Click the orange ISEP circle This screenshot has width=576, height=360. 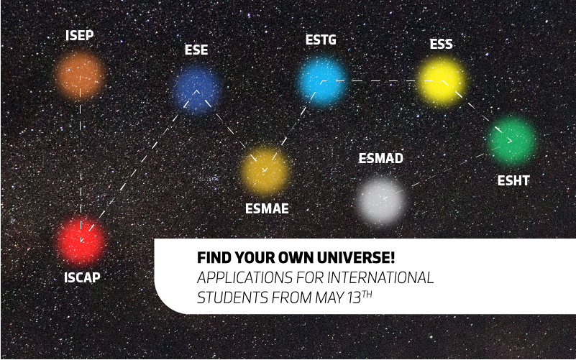pyautogui.click(x=79, y=76)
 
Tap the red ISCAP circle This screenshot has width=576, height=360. pyautogui.click(x=81, y=241)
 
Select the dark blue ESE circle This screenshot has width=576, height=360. pyautogui.click(x=196, y=89)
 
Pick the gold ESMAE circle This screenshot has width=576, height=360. pyautogui.click(x=265, y=170)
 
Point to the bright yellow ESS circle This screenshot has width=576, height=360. pyautogui.click(x=442, y=81)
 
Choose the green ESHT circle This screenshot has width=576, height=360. pyautogui.click(x=511, y=140)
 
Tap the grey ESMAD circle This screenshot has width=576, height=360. pyautogui.click(x=381, y=199)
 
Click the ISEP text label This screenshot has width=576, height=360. pyautogui.click(x=79, y=35)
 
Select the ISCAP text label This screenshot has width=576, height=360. pyautogui.click(x=82, y=277)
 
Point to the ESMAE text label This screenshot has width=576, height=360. pyautogui.click(x=267, y=208)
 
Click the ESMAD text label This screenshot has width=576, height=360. pyautogui.click(x=381, y=158)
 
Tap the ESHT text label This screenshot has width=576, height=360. pyautogui.click(x=513, y=180)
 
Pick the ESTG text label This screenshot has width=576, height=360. pyautogui.click(x=321, y=40)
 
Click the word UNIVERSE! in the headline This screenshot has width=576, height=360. pyautogui.click(x=355, y=258)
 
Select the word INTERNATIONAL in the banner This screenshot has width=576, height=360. pyautogui.click(x=380, y=278)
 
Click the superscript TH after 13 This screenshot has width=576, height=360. pyautogui.click(x=367, y=295)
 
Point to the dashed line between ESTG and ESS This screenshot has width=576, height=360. pyautogui.click(x=382, y=80)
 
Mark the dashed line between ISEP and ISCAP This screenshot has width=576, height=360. pyautogui.click(x=81, y=158)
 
